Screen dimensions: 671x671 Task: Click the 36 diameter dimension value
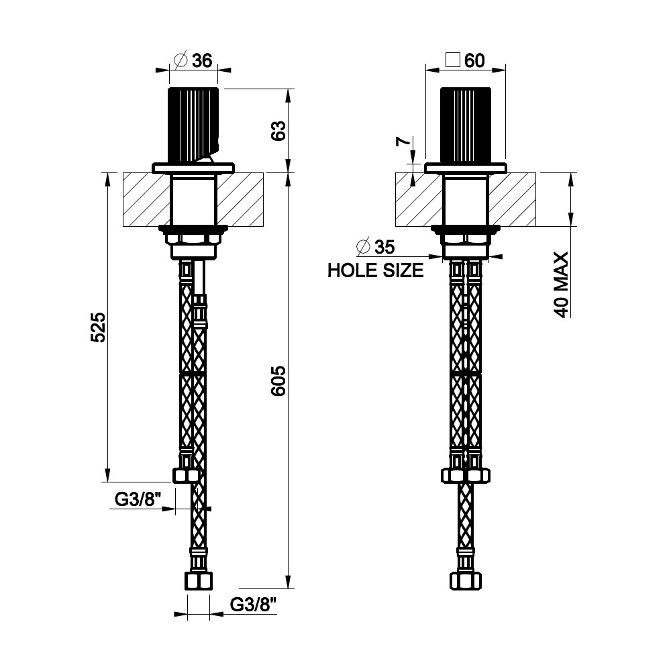tap(202, 60)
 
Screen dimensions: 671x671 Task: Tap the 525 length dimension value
tap(98, 327)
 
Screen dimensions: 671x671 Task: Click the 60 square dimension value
tap(474, 60)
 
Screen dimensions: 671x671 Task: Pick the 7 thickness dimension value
tap(403, 142)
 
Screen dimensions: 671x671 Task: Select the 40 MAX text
tap(561, 284)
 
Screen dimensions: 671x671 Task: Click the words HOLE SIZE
tap(375, 271)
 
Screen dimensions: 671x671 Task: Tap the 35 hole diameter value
tap(384, 248)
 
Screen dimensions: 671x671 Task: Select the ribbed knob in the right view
tap(465, 124)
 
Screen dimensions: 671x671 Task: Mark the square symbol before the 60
tap(453, 60)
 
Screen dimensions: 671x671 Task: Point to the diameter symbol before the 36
tap(180, 60)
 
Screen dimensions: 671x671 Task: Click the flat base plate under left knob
tap(194, 168)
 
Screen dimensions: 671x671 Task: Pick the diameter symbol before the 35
tap(363, 248)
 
